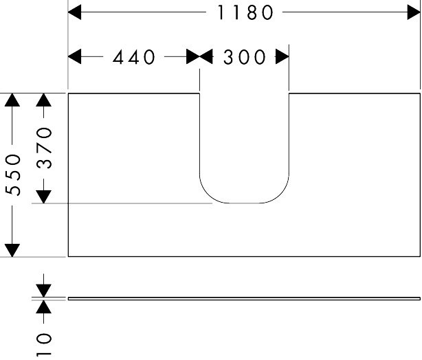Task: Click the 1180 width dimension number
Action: [x=245, y=12]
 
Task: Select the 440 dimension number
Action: [x=134, y=57]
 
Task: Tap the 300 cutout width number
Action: [x=245, y=57]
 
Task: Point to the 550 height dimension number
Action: [x=13, y=175]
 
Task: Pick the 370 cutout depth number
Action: [x=44, y=148]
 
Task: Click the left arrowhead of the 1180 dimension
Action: [x=74, y=12]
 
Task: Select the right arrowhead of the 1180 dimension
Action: [x=414, y=12]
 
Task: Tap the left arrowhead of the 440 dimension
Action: [x=74, y=56]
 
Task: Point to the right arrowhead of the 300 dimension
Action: [x=282, y=56]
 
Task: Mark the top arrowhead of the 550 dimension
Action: [x=12, y=100]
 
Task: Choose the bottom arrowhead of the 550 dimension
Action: [x=12, y=250]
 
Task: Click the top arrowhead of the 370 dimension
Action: [x=43, y=100]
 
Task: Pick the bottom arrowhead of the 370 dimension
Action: [x=43, y=196]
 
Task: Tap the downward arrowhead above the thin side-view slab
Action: [x=43, y=291]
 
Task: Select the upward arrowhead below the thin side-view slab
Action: [x=43, y=307]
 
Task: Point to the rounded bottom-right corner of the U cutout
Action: [x=280, y=194]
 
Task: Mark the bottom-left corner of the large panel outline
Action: [x=68, y=256]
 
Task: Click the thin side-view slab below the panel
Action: [x=244, y=299]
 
